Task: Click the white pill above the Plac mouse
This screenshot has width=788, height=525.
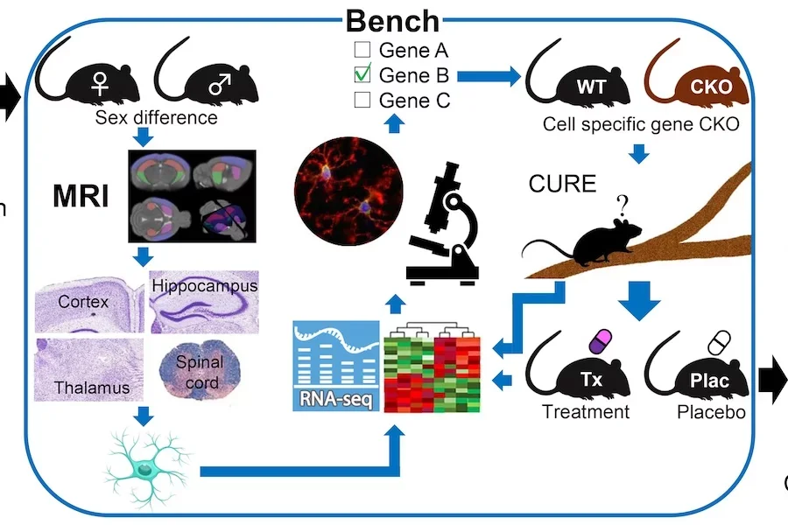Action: coord(719,340)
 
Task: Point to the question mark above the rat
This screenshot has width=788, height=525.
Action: coord(623,206)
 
